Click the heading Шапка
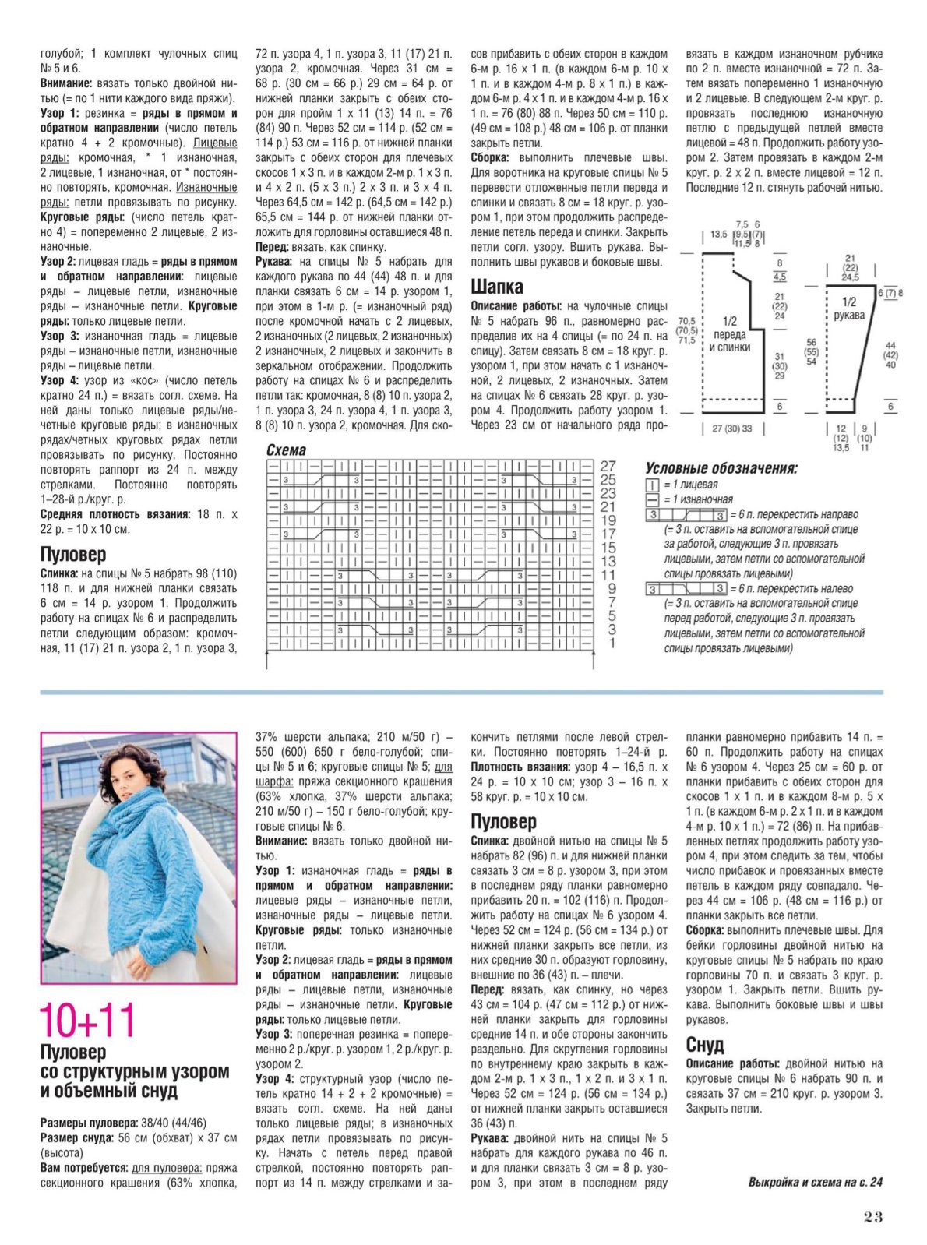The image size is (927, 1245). pos(497,286)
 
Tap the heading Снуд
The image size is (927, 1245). pos(704,1044)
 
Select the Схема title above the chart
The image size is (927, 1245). pos(286,450)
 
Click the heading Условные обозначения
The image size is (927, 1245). pos(721,468)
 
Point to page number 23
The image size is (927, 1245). pos(872,1217)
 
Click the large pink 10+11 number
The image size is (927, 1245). pos(87,1020)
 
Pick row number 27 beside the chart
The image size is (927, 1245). pos(608,466)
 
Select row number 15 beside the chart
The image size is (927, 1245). pos(608,548)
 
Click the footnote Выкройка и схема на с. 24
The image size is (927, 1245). pos(815,1182)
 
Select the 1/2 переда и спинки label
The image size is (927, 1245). pos(729,334)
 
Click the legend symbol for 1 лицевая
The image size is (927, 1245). pos(652,485)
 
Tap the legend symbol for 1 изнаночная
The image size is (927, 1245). pos(652,499)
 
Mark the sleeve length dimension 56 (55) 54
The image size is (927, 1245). pos(812,351)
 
